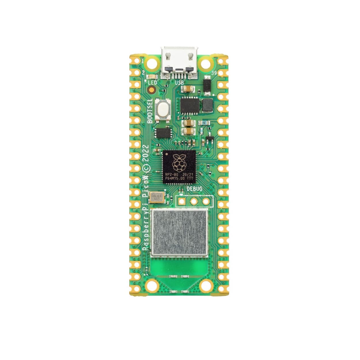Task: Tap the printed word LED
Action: (x=152, y=83)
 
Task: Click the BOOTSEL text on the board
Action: (x=150, y=111)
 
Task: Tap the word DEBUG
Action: (x=194, y=189)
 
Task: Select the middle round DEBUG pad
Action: (x=194, y=201)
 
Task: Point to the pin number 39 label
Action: (x=214, y=73)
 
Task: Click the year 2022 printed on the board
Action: (x=146, y=154)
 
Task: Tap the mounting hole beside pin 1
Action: (x=152, y=63)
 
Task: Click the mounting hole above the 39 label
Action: (x=206, y=63)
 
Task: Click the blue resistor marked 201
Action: (x=204, y=122)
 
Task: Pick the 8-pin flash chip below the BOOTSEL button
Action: (x=162, y=133)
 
